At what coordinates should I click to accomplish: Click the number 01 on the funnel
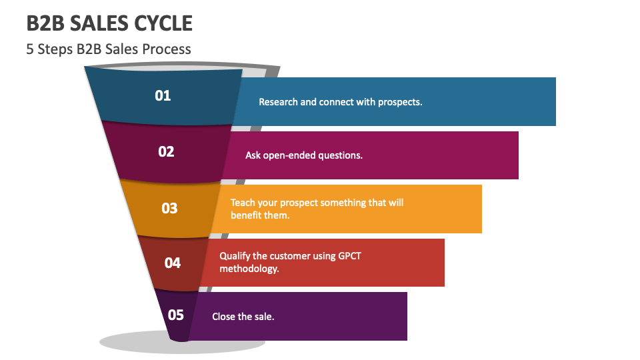coord(163,95)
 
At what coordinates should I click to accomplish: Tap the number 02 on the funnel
coord(166,151)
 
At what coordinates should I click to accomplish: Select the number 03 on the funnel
coord(169,208)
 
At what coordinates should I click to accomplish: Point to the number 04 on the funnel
coord(173,263)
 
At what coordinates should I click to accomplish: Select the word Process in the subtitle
coord(167,49)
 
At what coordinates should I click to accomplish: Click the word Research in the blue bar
coord(278,102)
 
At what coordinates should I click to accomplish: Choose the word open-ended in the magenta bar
coord(289,155)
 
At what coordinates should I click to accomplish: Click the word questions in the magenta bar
coord(340,155)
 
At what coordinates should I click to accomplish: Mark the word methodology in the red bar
coord(249,269)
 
